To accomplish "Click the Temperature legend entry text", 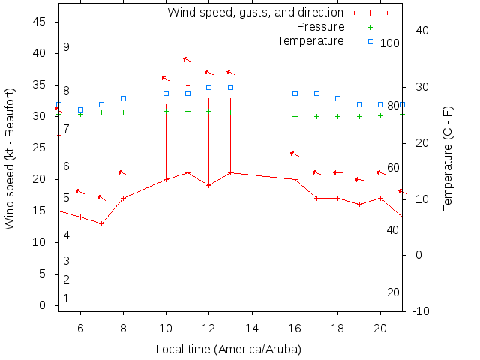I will (310, 40).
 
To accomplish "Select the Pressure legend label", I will (320, 26).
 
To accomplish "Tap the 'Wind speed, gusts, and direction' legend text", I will (255, 12).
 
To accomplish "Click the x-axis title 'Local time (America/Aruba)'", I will (228, 349).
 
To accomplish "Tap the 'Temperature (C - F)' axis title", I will (448, 157).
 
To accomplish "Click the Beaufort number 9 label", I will (66, 47).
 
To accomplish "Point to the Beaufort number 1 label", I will (66, 298).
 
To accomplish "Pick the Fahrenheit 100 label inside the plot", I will (390, 43).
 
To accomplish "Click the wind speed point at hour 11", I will (187, 173).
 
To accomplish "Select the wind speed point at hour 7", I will (101, 223).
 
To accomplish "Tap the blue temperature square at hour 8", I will (123, 98).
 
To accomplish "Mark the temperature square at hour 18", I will (338, 98).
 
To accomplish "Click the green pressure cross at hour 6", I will (80, 114).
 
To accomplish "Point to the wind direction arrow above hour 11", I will (187, 59).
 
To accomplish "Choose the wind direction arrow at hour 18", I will (338, 172).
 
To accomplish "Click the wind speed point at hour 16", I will (295, 179).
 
